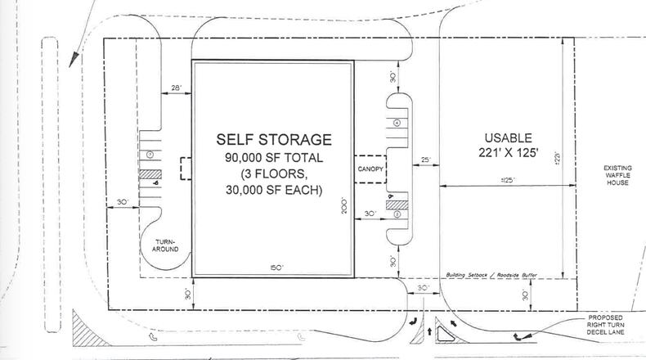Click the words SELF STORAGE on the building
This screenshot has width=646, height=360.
272,139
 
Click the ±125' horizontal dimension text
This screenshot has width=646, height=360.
504,179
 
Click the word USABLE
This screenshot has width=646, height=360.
506,137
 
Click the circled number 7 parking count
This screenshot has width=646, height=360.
150,155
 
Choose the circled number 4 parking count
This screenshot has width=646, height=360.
396,123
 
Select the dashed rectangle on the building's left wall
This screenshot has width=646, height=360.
186,168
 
